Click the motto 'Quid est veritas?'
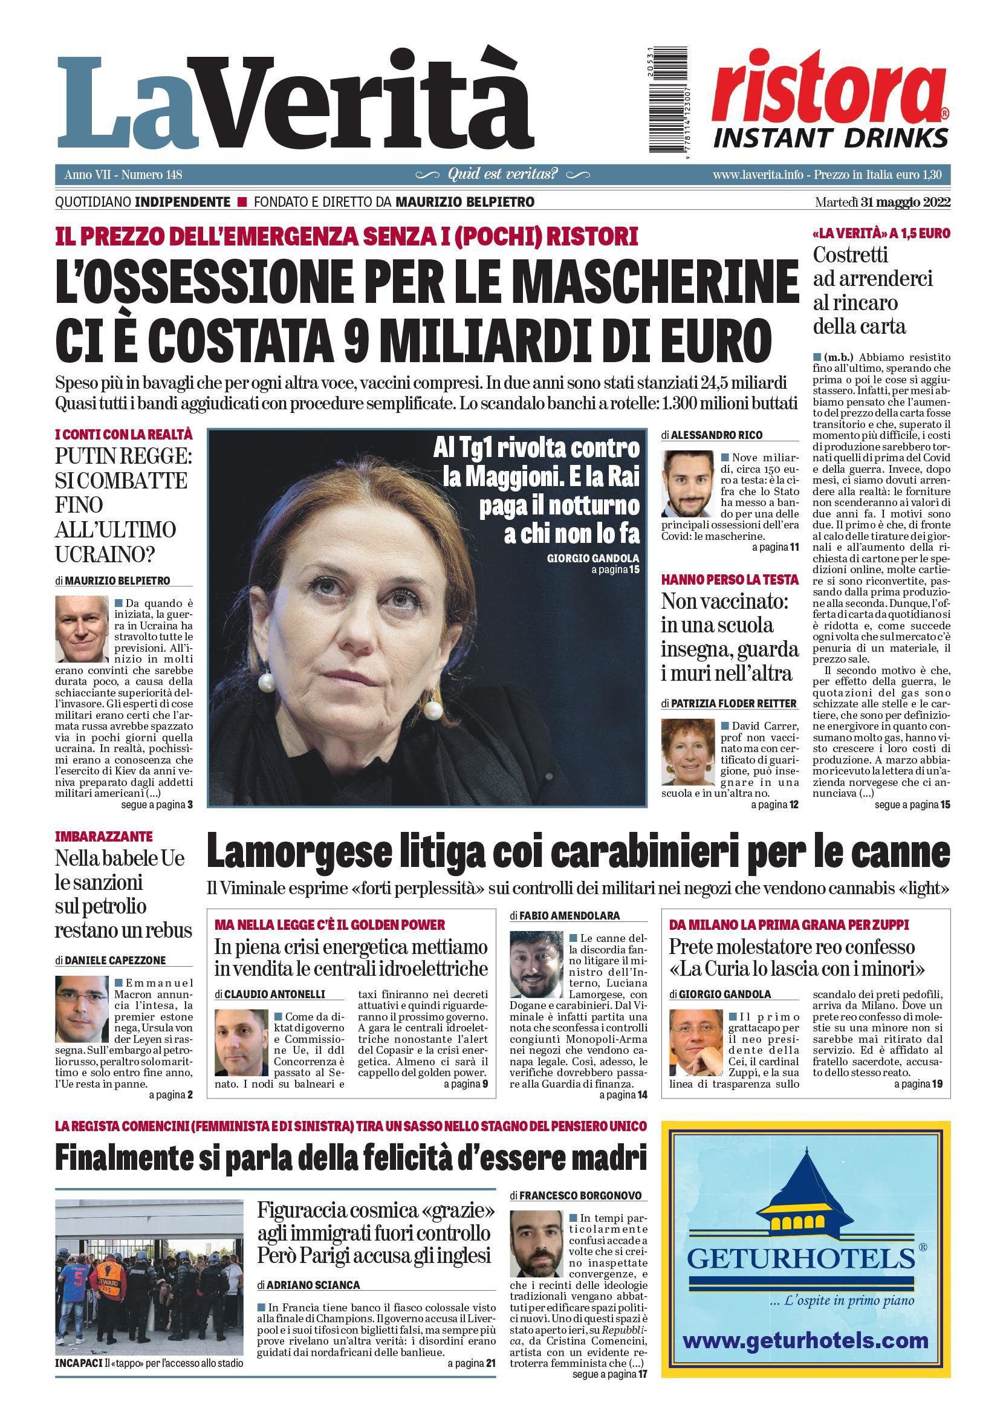click(x=502, y=174)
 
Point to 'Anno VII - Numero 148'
click(x=123, y=175)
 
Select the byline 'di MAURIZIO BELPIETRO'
click(x=112, y=581)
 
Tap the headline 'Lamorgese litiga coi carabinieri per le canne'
click(x=577, y=852)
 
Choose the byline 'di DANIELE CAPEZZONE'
click(x=111, y=960)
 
